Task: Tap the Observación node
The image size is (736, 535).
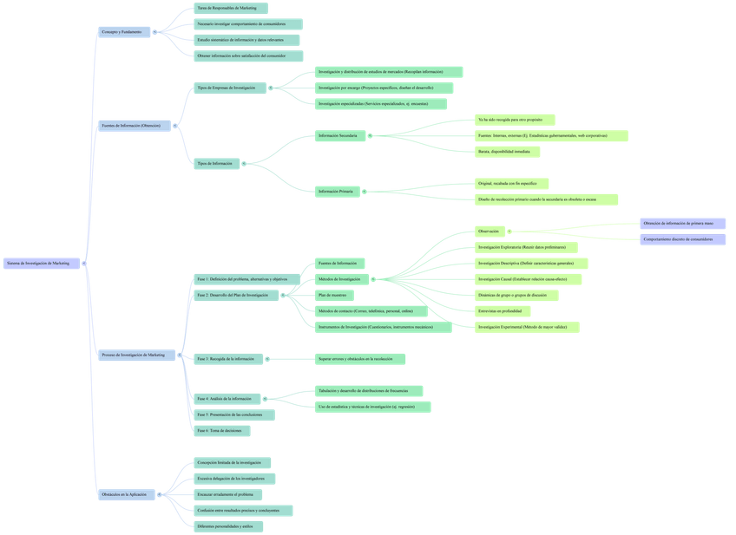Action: tap(490, 232)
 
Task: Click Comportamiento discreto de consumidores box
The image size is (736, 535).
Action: tap(683, 239)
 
